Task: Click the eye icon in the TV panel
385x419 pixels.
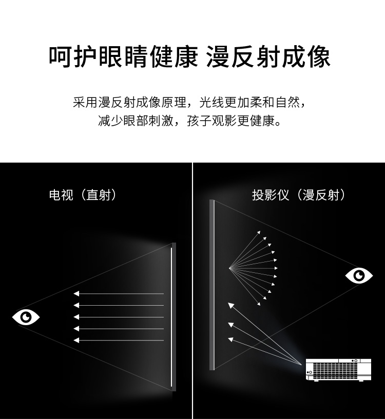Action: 26,317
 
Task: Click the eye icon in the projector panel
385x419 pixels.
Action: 359,275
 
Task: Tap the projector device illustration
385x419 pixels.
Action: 338,370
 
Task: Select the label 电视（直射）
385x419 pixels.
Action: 83,195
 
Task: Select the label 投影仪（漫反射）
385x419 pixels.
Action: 299,195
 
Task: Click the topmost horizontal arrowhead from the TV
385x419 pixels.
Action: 76,294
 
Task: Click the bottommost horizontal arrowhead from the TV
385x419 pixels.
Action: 76,340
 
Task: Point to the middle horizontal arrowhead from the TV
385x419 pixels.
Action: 76,317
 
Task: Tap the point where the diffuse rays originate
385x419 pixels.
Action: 229,268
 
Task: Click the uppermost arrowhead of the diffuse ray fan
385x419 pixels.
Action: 259,232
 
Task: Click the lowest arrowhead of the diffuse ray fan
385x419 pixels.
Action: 259,304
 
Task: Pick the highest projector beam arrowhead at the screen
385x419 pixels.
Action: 231,305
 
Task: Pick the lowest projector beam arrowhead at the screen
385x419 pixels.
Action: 230,340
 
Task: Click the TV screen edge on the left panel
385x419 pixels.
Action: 174,316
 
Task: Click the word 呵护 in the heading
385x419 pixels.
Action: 73,57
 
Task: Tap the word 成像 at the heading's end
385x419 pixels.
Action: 306,57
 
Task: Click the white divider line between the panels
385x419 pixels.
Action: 192,291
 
